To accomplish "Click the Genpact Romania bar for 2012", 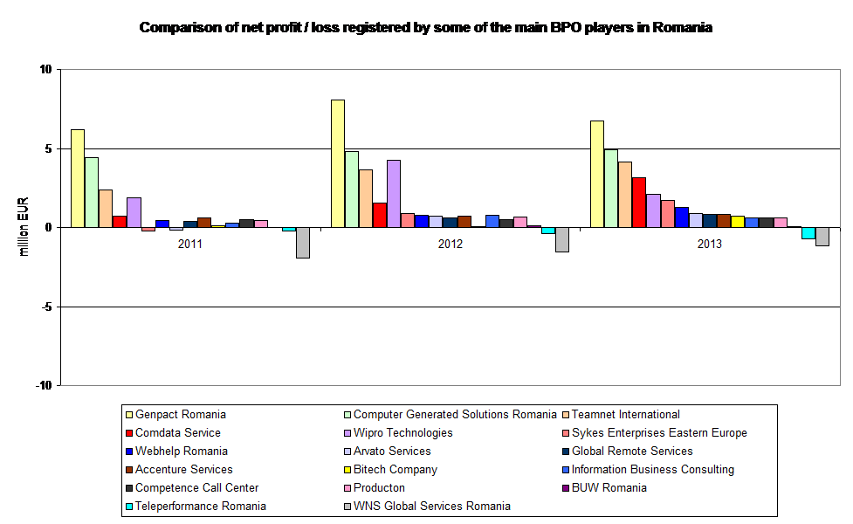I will coord(338,163).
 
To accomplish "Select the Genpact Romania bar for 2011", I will coord(78,178).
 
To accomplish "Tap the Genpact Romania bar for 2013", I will coord(597,174).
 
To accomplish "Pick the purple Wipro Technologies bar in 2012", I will coord(394,193).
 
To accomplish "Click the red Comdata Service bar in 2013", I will coord(639,202).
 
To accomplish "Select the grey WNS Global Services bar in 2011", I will coord(303,243).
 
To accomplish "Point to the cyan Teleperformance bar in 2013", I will coord(808,233).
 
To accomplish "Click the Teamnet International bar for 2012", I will coord(366,198).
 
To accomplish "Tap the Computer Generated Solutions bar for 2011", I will coord(92,192).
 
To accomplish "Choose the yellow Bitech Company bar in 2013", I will coord(738,221).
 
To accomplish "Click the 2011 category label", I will coord(190,245).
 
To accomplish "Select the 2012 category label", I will coord(451,245).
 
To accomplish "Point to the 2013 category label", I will coord(710,245).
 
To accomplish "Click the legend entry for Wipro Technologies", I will coord(403,432).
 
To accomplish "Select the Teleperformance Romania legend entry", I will coord(200,506).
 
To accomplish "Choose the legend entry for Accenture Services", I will coord(183,469).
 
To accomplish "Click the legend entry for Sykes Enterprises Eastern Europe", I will coord(659,432).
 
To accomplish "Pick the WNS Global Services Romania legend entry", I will coord(431,506).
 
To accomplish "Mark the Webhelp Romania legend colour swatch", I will coord(129,452).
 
